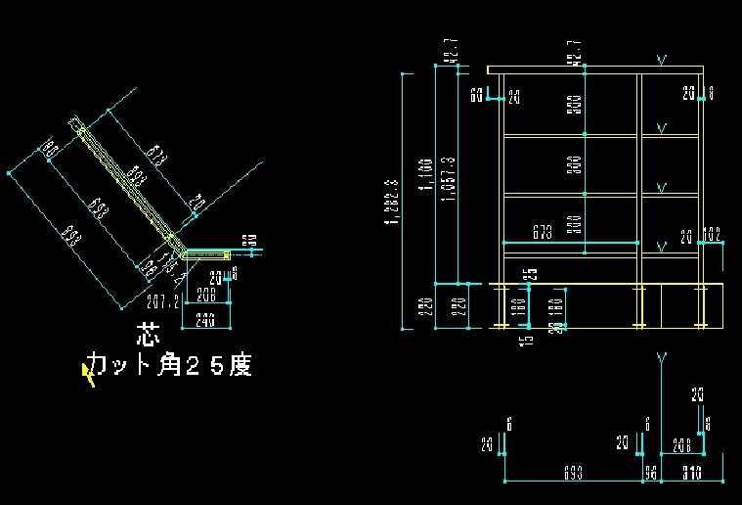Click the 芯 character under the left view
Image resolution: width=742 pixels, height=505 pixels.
coord(148,337)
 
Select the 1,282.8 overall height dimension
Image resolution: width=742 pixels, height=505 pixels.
coord(393,202)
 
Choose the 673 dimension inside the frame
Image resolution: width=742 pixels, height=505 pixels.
coord(543,234)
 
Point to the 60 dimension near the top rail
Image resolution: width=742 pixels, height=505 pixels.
coord(477,96)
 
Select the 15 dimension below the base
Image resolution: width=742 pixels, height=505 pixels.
coord(529,339)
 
